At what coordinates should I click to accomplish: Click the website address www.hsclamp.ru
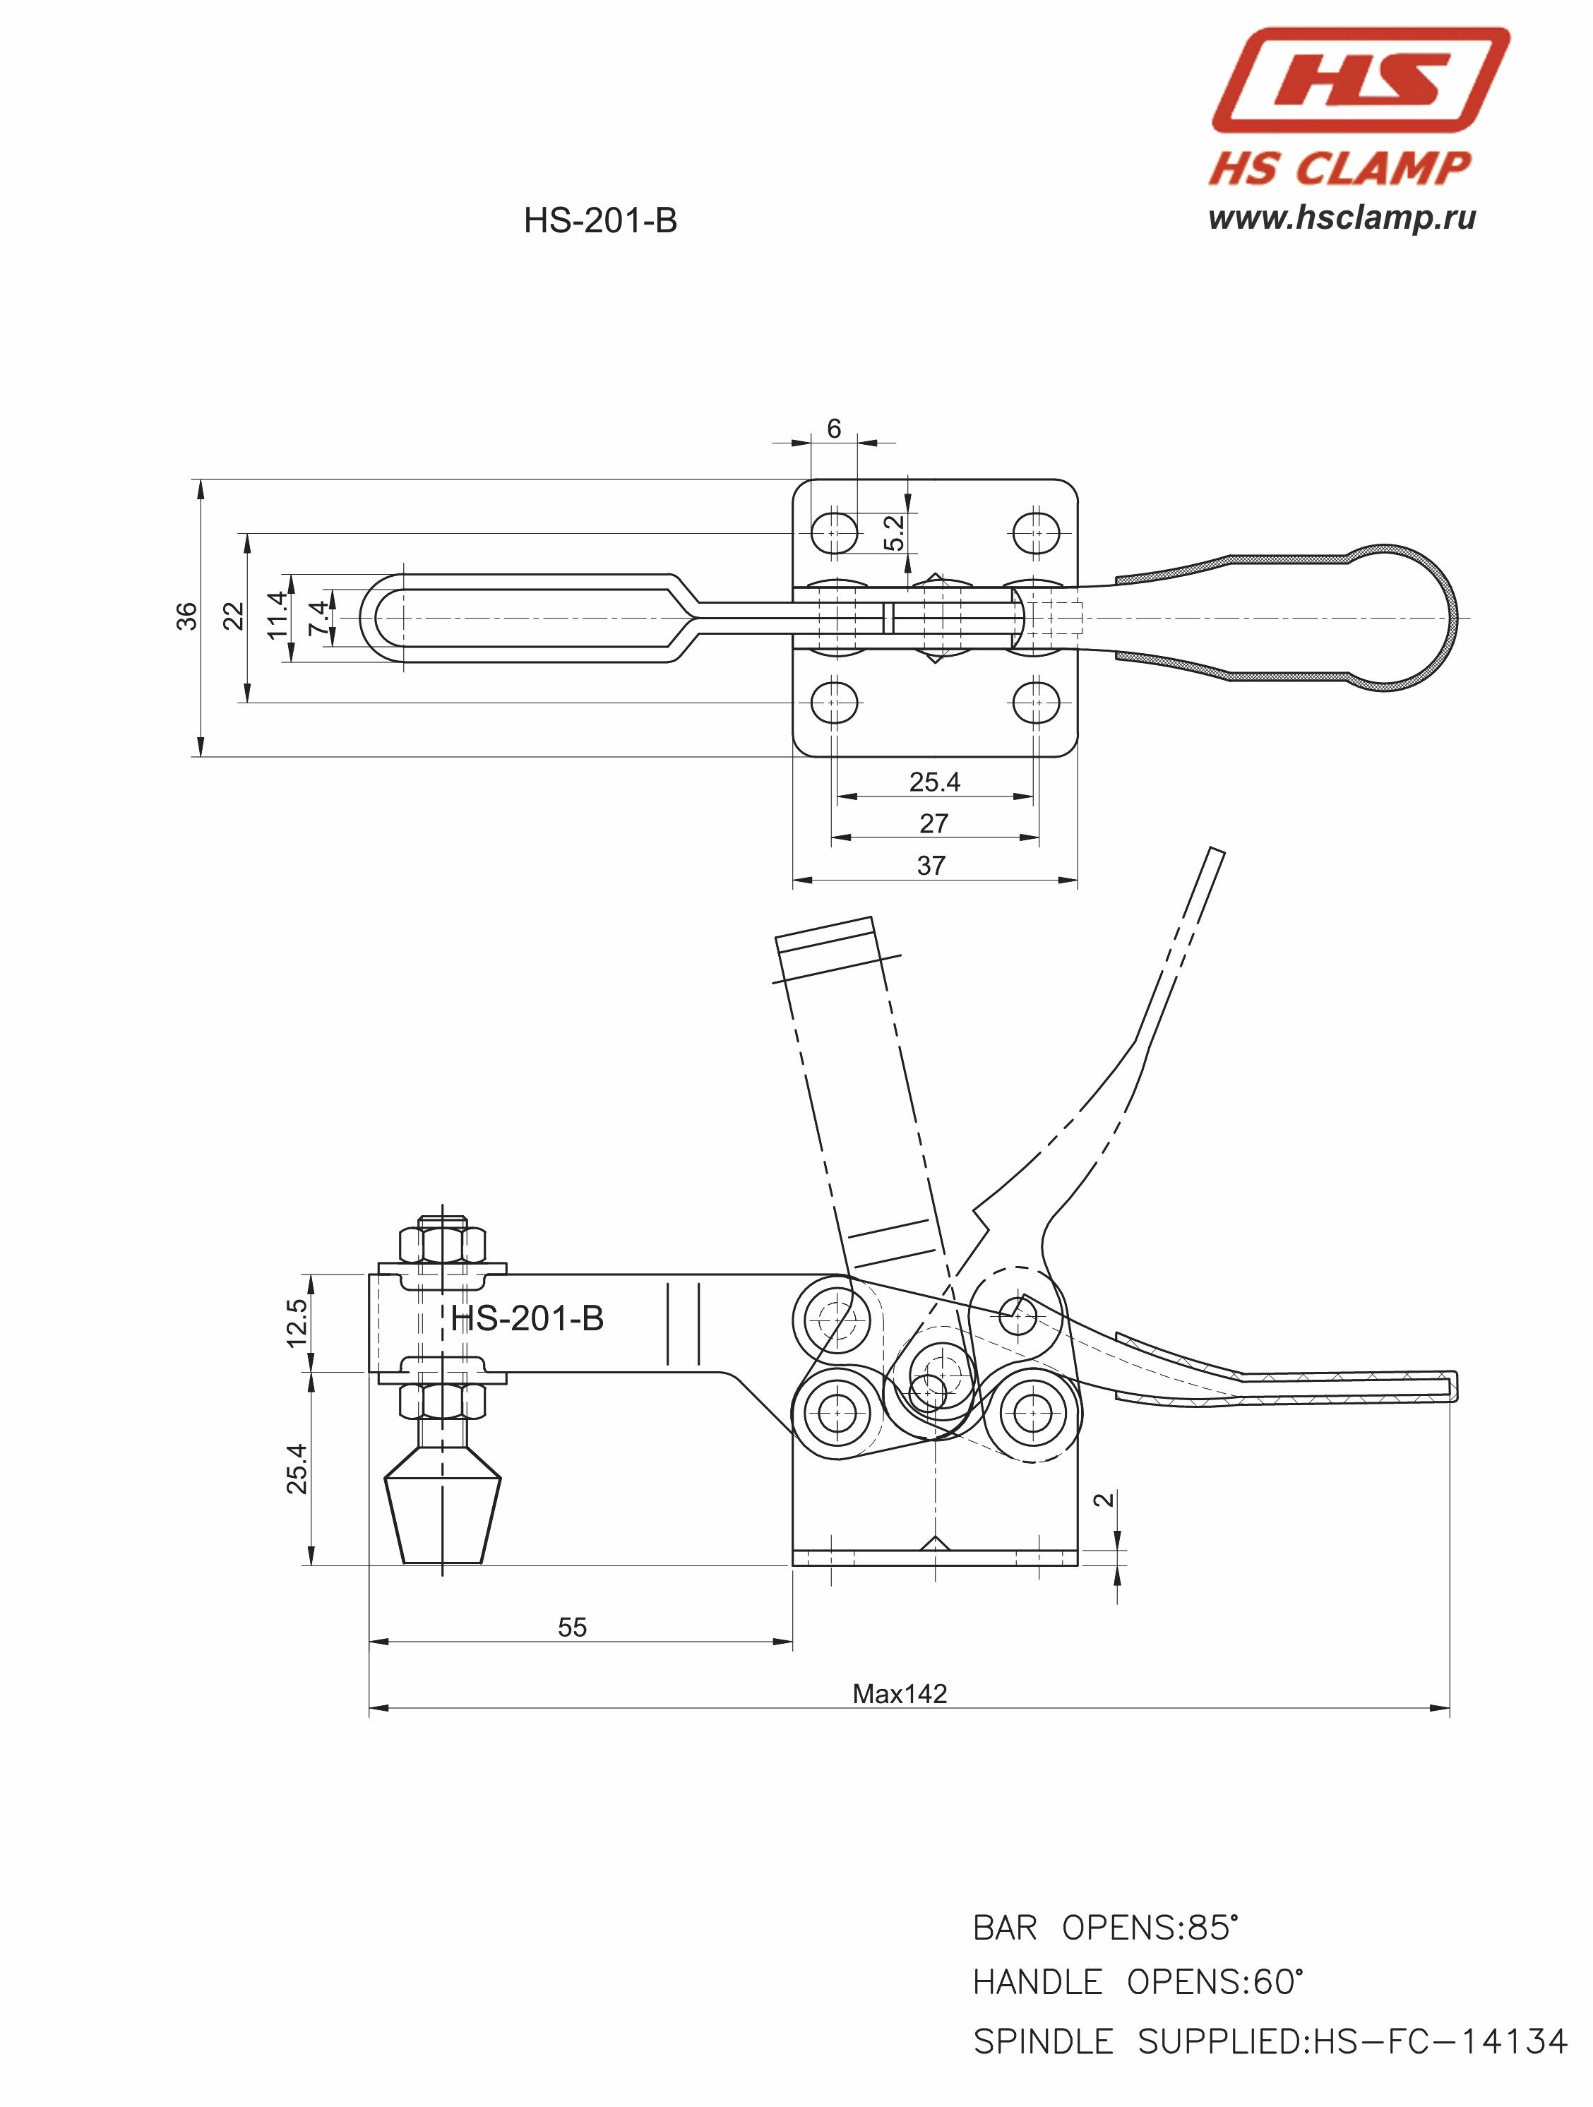pos(1342,218)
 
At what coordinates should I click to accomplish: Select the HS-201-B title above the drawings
pos(600,221)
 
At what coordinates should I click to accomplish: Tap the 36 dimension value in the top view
pos(186,616)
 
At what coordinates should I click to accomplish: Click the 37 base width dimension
pos(931,866)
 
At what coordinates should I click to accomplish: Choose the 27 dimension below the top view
pos(933,823)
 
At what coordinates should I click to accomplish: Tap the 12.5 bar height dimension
pos(297,1323)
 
